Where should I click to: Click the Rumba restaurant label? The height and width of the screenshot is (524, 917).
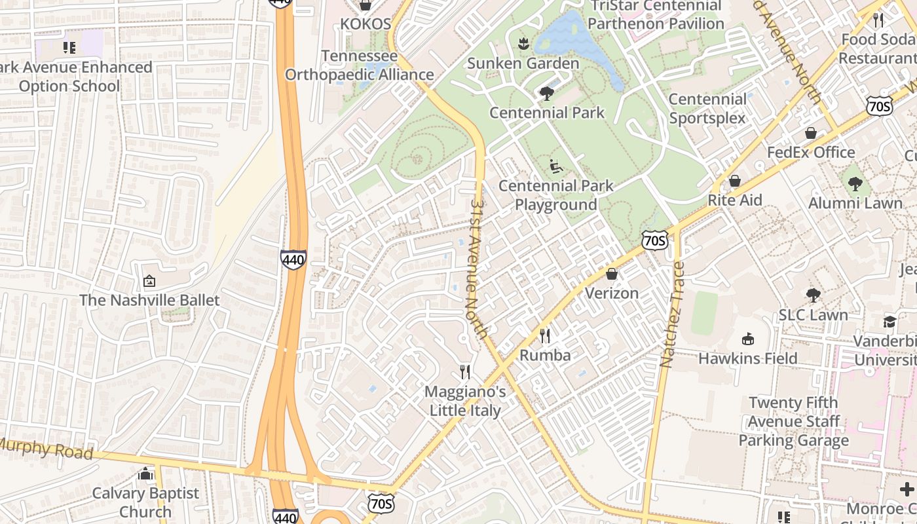click(x=545, y=356)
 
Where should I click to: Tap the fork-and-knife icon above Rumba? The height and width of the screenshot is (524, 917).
click(x=545, y=336)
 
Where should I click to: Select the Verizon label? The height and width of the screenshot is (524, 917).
click(x=611, y=293)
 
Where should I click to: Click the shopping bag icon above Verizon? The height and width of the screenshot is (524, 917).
click(x=612, y=274)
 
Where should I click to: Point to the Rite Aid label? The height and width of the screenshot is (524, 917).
click(x=735, y=200)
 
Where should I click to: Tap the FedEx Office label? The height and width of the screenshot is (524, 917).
click(x=811, y=152)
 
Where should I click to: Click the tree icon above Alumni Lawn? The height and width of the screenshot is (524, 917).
click(x=855, y=183)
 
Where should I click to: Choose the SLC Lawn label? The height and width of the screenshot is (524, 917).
click(x=813, y=315)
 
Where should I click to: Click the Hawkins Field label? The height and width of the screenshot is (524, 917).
click(x=747, y=358)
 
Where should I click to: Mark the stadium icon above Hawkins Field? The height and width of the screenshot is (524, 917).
click(x=747, y=339)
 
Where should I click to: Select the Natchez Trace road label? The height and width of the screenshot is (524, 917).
click(x=673, y=314)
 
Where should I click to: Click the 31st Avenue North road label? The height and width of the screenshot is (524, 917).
click(x=478, y=269)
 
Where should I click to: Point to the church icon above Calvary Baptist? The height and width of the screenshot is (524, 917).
click(x=145, y=474)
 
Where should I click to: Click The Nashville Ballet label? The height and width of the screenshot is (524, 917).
click(x=149, y=300)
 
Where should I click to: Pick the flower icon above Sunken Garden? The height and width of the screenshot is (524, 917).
click(x=523, y=44)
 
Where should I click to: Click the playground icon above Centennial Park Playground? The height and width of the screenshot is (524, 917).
click(x=555, y=166)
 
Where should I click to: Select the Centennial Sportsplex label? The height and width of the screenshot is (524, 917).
click(x=707, y=109)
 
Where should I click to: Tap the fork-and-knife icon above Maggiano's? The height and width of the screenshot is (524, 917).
click(x=465, y=372)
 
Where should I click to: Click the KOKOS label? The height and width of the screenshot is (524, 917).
click(x=365, y=24)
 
